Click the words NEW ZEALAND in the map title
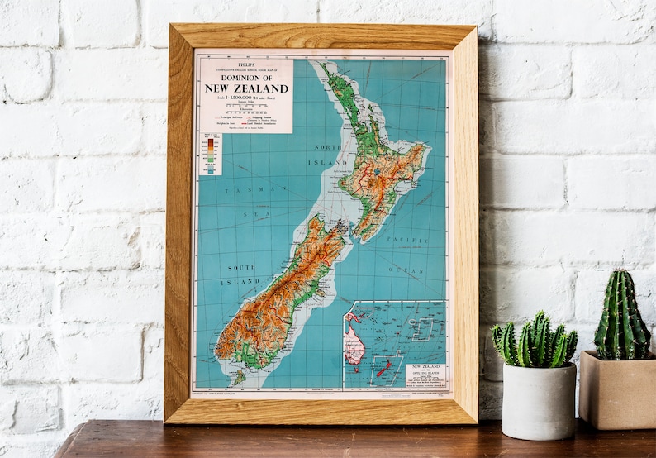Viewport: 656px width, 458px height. click(245, 88)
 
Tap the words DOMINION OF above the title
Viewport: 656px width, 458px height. click(245, 78)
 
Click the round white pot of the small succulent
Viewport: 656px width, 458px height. click(540, 401)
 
